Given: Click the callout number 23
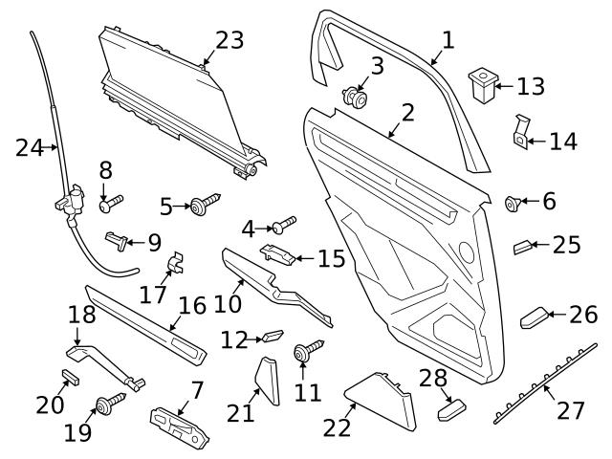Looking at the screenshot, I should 229,40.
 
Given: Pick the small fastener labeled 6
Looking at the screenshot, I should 514,202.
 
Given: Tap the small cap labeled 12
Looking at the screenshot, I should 272,337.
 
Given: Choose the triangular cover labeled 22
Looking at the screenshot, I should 382,400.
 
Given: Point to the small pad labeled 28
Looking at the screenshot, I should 450,410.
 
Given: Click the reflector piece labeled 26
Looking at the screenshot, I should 535,317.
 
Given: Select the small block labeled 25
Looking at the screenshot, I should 525,247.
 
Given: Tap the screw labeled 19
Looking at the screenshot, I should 108,404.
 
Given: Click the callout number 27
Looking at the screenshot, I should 571,411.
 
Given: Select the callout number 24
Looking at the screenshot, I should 30,148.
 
